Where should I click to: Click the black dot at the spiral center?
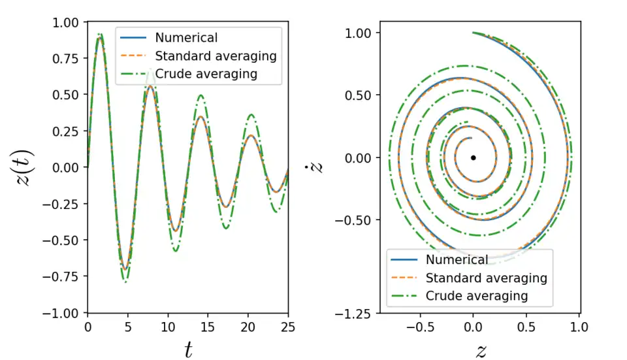point(473,157)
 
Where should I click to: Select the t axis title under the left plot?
point(188,351)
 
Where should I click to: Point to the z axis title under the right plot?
point(481,351)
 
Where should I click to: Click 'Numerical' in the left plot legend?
point(186,38)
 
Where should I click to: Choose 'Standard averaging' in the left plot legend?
point(216,56)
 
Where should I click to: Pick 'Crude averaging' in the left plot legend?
point(206,74)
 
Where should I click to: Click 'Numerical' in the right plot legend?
point(457,260)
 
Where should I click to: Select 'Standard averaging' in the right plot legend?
point(487,278)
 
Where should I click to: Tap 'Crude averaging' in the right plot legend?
point(477,295)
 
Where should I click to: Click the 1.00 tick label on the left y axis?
point(65,22)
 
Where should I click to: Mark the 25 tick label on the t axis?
point(288,327)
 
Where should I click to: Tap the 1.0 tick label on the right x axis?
point(579,327)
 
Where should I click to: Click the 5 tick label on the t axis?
point(127,327)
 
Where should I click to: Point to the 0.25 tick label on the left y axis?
point(65,131)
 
